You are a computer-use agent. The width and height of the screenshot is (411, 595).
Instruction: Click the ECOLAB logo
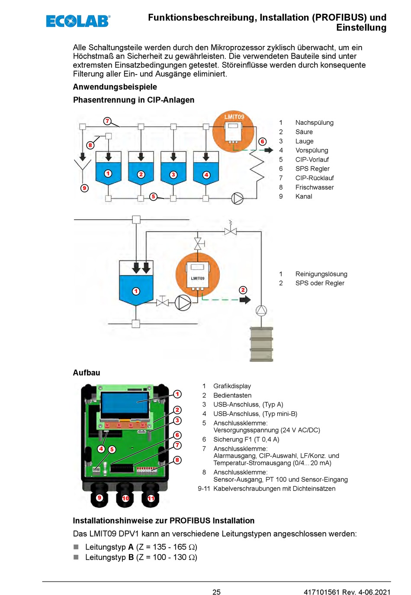click(x=78, y=21)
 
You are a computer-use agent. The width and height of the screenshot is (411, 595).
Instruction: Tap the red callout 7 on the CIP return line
click(x=107, y=121)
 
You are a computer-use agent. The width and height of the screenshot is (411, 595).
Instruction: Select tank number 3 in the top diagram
click(x=173, y=168)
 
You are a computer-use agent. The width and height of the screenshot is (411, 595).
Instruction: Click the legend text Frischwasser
click(x=315, y=187)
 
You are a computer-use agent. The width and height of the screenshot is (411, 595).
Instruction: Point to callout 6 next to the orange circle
click(x=262, y=141)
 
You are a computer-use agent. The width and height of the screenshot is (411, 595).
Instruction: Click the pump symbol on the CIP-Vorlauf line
click(x=237, y=198)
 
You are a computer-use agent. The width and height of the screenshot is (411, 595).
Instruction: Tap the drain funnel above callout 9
click(x=83, y=165)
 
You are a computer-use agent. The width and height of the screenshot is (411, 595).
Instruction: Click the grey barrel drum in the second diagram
click(x=261, y=344)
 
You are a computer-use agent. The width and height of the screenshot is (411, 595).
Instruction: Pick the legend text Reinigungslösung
click(x=321, y=274)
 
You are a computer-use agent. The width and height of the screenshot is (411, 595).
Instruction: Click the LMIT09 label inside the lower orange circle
click(x=198, y=278)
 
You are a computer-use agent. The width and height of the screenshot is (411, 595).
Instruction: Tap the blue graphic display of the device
click(x=124, y=403)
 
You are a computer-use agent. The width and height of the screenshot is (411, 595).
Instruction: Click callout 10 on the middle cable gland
click(x=125, y=498)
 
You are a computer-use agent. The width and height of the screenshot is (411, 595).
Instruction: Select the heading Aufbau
click(x=87, y=373)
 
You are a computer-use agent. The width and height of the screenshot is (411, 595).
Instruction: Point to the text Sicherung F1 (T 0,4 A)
click(x=246, y=439)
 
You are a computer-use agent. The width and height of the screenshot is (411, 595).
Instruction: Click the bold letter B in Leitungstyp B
click(x=131, y=557)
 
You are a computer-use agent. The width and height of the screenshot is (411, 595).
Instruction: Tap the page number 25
click(x=216, y=591)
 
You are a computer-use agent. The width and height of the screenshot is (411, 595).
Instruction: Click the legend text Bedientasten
click(x=232, y=395)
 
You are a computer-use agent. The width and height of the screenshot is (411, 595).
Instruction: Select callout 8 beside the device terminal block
click(x=177, y=460)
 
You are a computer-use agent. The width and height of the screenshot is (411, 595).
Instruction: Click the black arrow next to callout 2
click(x=245, y=300)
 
